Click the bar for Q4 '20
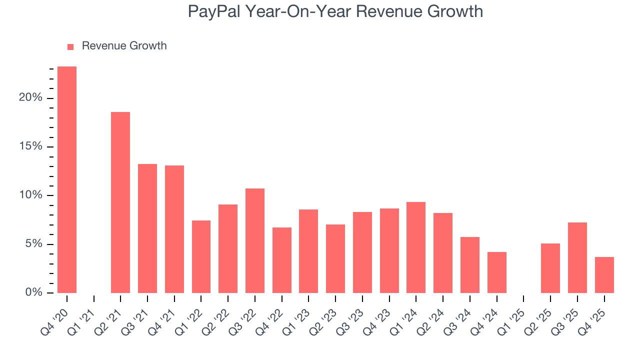67,179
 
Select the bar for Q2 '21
120,202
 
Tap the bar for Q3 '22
255,240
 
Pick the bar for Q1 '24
416,247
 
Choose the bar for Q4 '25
604,275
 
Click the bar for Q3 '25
577,257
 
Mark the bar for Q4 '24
497,272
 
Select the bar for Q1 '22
201,256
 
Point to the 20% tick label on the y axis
30,98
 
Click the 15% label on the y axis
30,147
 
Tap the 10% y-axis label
30,195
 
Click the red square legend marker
70,47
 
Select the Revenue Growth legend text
124,46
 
